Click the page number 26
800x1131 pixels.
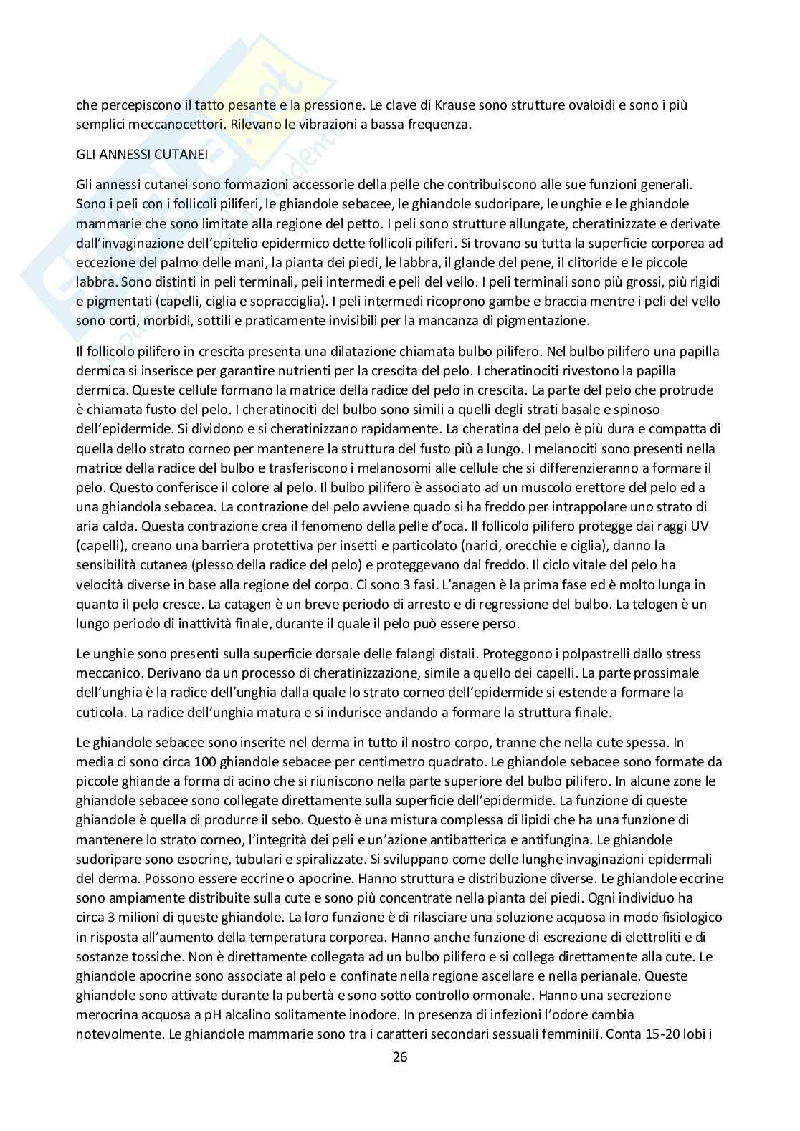pos(400,1057)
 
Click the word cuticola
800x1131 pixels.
pos(99,712)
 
